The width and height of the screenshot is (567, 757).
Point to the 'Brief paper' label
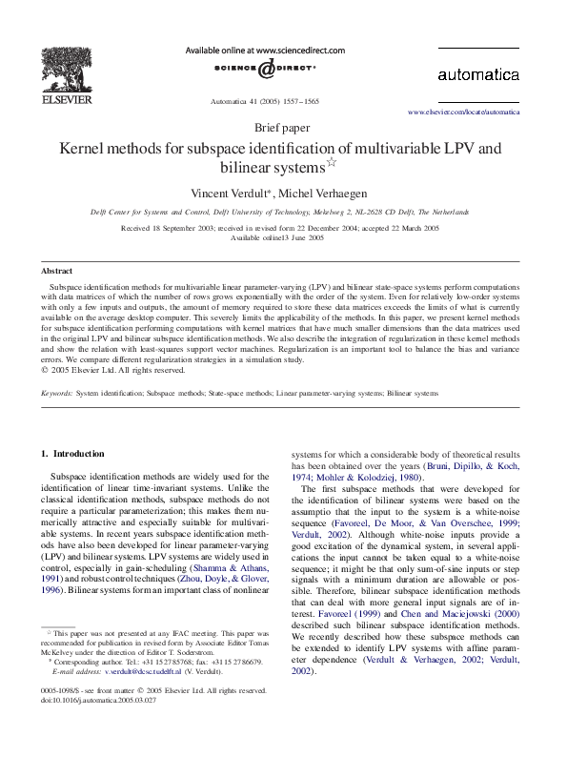(283, 128)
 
